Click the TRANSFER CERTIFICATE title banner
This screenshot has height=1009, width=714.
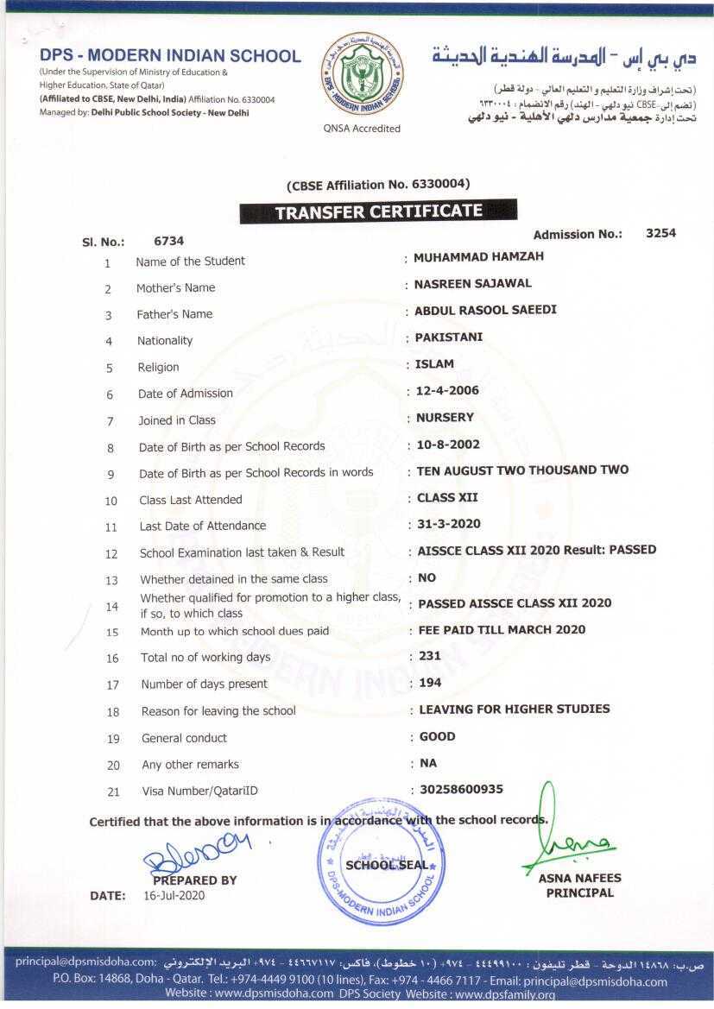[x=378, y=211]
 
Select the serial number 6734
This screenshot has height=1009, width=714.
[x=168, y=241]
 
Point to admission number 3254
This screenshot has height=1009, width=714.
[x=660, y=232]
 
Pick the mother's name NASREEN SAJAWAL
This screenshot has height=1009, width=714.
[x=472, y=283]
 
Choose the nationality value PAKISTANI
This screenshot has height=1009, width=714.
[x=449, y=337]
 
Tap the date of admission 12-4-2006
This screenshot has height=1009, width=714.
[x=447, y=390]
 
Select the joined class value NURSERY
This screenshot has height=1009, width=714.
[x=445, y=417]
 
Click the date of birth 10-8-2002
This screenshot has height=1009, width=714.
[x=447, y=445]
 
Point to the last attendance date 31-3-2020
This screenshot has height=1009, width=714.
[x=448, y=523]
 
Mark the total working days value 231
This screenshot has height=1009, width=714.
[x=430, y=655]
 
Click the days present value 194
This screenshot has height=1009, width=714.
[x=430, y=682]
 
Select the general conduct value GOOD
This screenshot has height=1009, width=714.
[x=437, y=736]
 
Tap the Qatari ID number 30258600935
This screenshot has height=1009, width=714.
[x=461, y=789]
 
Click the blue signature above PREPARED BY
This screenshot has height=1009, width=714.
[x=197, y=854]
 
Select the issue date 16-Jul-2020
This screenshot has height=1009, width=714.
[x=174, y=895]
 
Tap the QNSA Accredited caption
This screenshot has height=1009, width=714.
[x=363, y=129]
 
